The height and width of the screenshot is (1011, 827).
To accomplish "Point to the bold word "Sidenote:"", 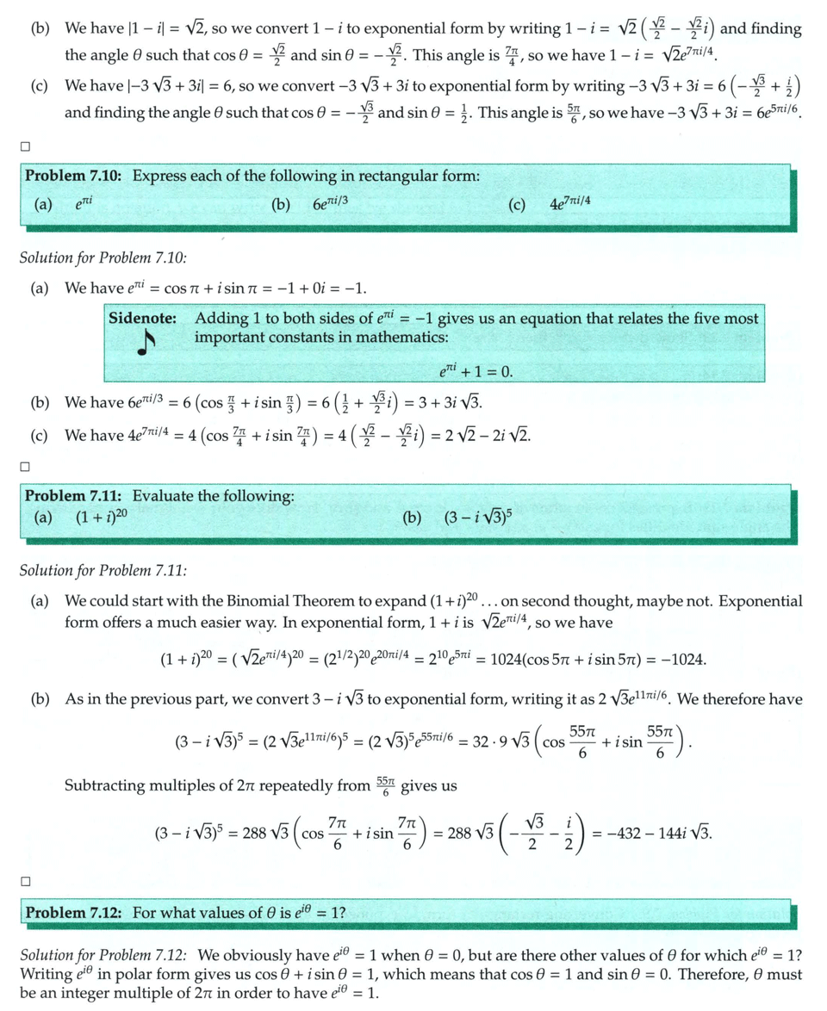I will pos(143,318).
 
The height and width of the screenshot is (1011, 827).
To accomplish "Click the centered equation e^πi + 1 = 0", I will pos(475,372).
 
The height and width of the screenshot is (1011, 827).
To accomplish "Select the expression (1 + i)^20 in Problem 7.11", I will pos(102,518).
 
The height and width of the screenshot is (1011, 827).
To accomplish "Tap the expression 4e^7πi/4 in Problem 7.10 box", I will pos(569,205).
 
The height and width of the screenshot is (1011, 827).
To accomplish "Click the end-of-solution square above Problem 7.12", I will pos(25,881).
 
